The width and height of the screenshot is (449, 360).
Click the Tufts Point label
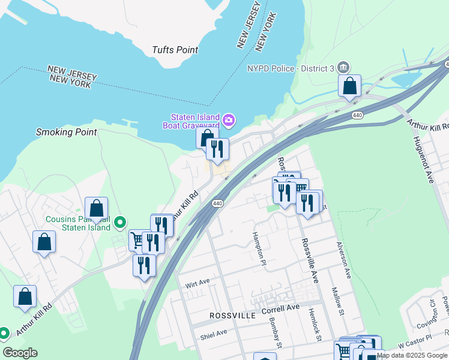[x=175, y=50]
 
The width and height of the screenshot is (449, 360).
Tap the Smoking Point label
[x=66, y=132]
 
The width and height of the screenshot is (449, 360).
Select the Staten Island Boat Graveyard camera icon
[x=229, y=121]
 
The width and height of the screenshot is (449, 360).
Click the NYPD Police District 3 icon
[x=343, y=67]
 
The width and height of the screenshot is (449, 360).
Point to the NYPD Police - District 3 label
[x=291, y=68]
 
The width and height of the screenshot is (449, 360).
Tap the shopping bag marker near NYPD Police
[x=349, y=86]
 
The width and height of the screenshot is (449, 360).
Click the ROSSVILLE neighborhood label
[x=232, y=315]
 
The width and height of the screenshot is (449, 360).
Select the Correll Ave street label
[x=280, y=308]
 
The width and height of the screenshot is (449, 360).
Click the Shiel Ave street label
[x=214, y=332]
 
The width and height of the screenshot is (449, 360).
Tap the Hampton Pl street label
[x=258, y=247]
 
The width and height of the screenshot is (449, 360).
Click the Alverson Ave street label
[x=343, y=260]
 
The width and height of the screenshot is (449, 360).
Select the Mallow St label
[x=338, y=301]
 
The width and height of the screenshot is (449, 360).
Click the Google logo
[x=20, y=353]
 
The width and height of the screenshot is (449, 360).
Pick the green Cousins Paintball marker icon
[x=120, y=223]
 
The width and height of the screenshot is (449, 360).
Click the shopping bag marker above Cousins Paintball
[x=96, y=209]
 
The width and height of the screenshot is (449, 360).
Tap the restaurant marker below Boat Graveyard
[x=217, y=148]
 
